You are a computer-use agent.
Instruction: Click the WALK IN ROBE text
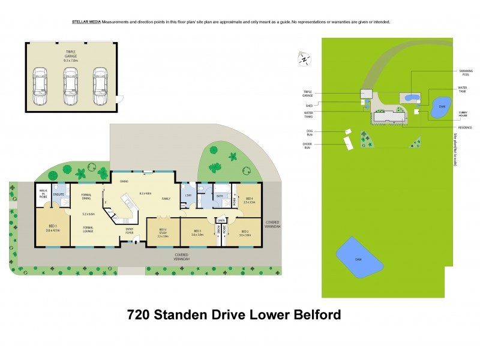point(43,193)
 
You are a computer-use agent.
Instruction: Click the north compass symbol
point(305,59)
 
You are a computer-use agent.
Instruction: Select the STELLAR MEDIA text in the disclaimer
point(86,22)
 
